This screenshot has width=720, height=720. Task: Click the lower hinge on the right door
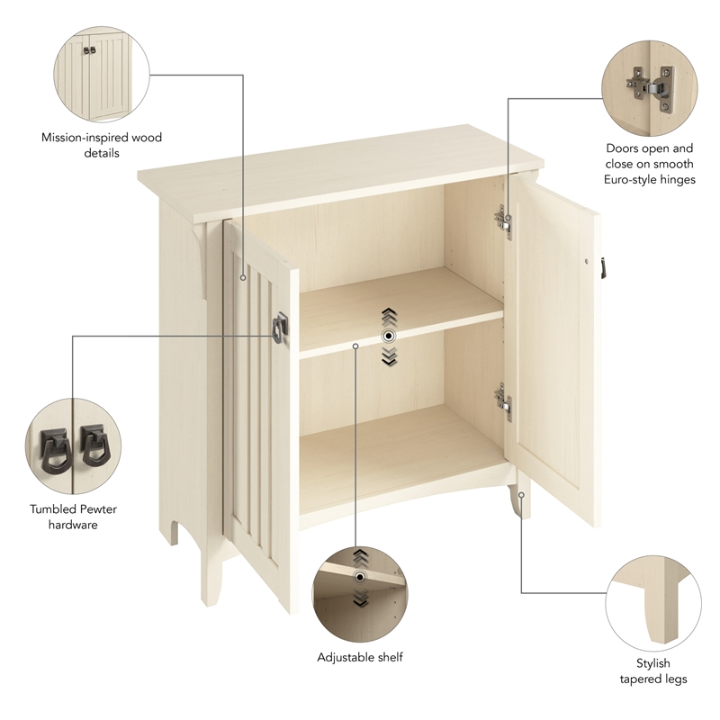[502, 402]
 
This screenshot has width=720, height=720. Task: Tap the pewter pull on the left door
[280, 327]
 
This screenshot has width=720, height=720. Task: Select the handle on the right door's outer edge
[602, 266]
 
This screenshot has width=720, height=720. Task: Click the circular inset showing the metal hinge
[648, 84]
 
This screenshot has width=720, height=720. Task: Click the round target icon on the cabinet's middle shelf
[388, 335]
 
